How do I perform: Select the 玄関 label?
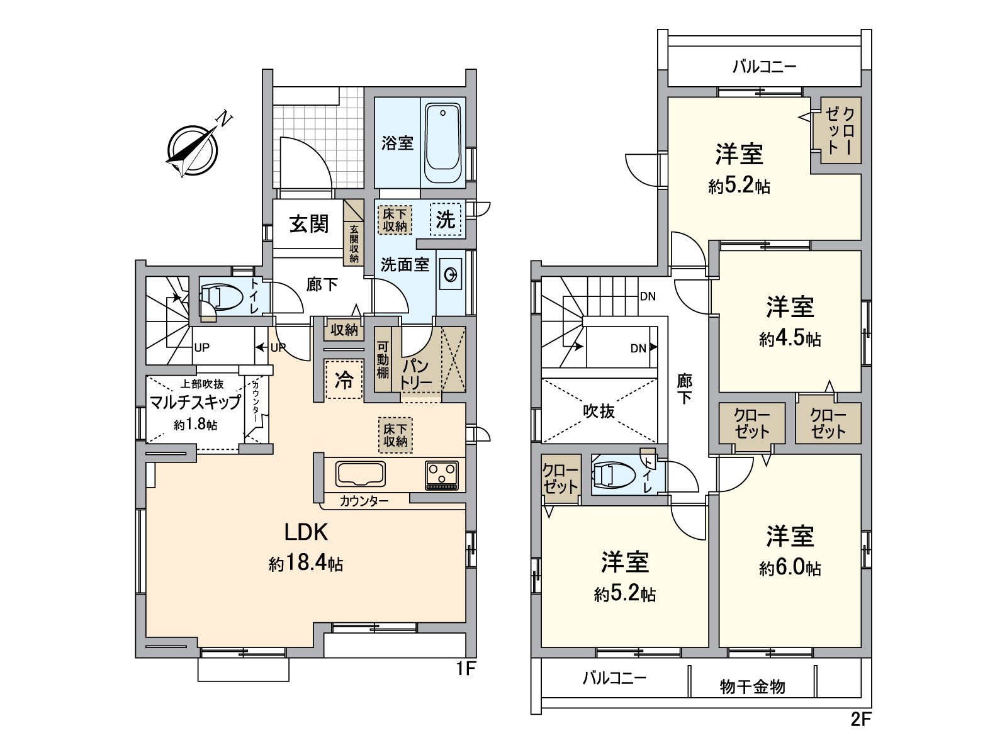point(309,223)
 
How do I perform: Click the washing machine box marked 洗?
point(445,220)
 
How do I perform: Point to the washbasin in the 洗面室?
point(451,275)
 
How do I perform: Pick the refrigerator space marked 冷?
point(344,379)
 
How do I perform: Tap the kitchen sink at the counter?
point(361,474)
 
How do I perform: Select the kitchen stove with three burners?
point(442,475)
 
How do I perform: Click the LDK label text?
point(306,532)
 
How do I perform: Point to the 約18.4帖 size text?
point(306,564)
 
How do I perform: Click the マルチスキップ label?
point(195,403)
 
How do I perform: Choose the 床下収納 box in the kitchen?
point(395,435)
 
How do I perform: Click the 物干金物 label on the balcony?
point(753,686)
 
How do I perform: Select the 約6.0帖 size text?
point(790,568)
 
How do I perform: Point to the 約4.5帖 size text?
point(790,339)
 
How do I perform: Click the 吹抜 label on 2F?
point(599,411)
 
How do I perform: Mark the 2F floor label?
point(861,719)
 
